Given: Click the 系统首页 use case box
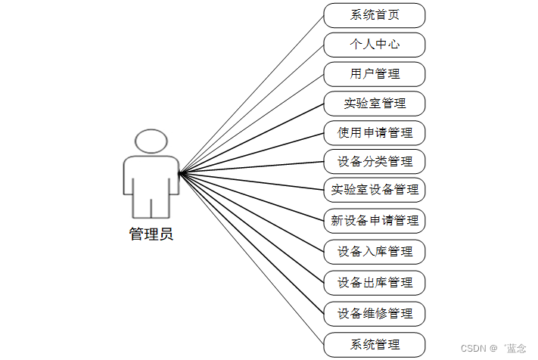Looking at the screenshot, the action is point(375,15).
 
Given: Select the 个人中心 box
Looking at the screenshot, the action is point(375,45).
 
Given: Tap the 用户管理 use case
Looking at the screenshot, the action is point(375,74).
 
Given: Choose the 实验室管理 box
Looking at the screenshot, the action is point(375,104).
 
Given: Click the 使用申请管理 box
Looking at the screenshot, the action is point(375,133).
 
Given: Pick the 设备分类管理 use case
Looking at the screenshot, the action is point(375,162).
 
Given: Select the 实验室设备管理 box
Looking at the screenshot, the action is point(375,189).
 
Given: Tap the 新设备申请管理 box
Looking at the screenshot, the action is point(375,221).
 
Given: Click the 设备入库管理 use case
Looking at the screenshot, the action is point(375,252).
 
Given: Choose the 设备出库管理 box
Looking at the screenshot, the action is point(375,283).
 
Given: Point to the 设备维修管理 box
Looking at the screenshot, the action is point(375,313).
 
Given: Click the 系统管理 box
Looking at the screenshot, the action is point(375,344).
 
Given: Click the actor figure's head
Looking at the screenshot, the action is point(151,141).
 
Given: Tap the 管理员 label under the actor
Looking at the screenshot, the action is point(151,234).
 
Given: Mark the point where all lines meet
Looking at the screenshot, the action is point(179,173).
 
